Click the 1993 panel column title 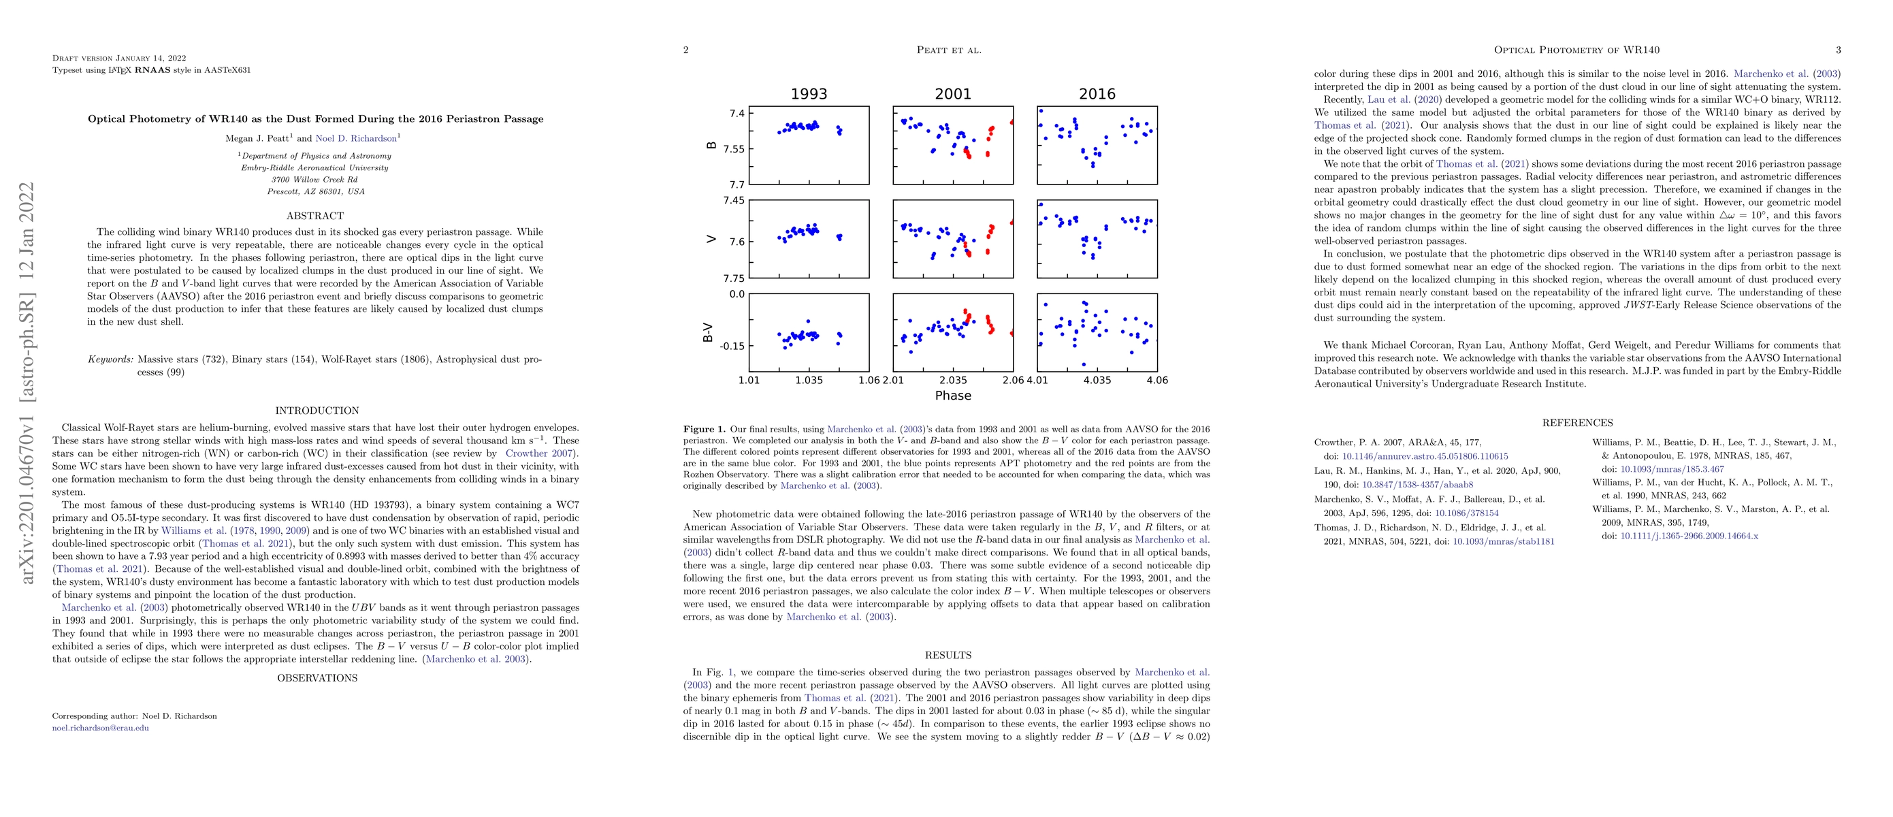pos(809,94)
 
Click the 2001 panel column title pos(952,94)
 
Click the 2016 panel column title pos(1097,94)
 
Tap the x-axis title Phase pos(952,396)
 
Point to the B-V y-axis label pos(708,333)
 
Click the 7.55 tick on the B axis pos(732,148)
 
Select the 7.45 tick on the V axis pos(732,201)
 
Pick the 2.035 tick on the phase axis pos(952,381)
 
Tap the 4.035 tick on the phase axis pos(1097,381)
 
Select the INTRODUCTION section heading pos(317,411)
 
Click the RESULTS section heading pos(948,656)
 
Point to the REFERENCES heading pos(1577,423)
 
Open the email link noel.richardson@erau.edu pos(100,728)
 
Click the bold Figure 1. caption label pos(704,429)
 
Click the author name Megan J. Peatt pos(257,138)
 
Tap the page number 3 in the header pos(1838,50)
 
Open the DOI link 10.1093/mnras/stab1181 pos(1504,541)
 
